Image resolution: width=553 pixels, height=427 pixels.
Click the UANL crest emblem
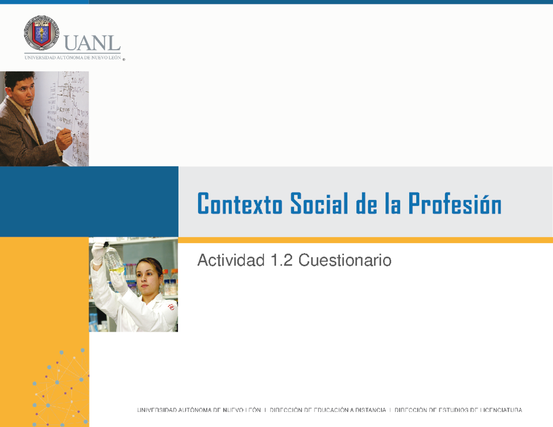[x=41, y=32]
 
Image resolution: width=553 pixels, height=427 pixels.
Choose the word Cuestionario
[x=345, y=261]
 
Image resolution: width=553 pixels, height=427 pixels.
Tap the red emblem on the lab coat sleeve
[x=171, y=306]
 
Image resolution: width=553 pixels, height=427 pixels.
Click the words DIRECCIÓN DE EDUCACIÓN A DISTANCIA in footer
[x=328, y=409]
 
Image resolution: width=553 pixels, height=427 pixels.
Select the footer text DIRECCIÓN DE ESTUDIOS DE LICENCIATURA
[x=458, y=409]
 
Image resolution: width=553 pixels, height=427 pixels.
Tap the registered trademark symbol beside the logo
[x=124, y=59]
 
